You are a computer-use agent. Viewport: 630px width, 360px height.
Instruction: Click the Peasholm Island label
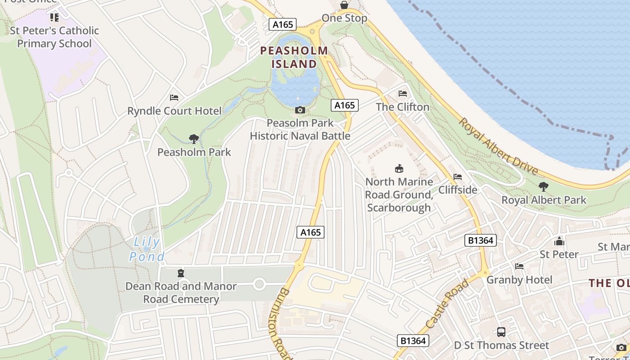coord(294,57)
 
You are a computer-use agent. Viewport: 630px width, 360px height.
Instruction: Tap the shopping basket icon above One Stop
coord(344,5)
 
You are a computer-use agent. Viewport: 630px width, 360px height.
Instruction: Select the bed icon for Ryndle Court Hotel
coord(174,98)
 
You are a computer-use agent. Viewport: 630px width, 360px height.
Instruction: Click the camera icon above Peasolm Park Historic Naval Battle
coord(300,110)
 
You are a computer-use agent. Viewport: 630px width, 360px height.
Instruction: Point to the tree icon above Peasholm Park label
coord(194,139)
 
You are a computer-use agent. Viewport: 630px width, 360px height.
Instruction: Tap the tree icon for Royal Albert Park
coord(544,186)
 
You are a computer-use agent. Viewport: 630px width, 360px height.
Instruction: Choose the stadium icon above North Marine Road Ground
coord(399,169)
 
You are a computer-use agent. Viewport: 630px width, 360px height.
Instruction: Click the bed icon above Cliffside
coord(458,177)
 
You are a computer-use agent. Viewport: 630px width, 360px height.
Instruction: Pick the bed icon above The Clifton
coord(403,94)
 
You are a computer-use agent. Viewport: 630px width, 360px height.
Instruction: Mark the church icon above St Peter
coord(559,241)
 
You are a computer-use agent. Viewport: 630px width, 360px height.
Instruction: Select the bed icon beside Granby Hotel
coord(519,266)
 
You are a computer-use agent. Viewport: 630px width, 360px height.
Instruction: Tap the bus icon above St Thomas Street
coord(501,332)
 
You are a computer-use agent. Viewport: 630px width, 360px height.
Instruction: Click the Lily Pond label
coord(147,249)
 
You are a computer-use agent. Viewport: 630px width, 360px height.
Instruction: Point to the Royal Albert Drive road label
coord(498,146)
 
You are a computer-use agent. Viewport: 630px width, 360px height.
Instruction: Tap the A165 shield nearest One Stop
coord(283,24)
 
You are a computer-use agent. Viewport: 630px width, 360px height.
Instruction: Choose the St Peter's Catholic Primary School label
coord(54,37)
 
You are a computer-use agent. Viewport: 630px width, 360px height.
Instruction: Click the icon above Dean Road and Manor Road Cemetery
coord(180,273)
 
